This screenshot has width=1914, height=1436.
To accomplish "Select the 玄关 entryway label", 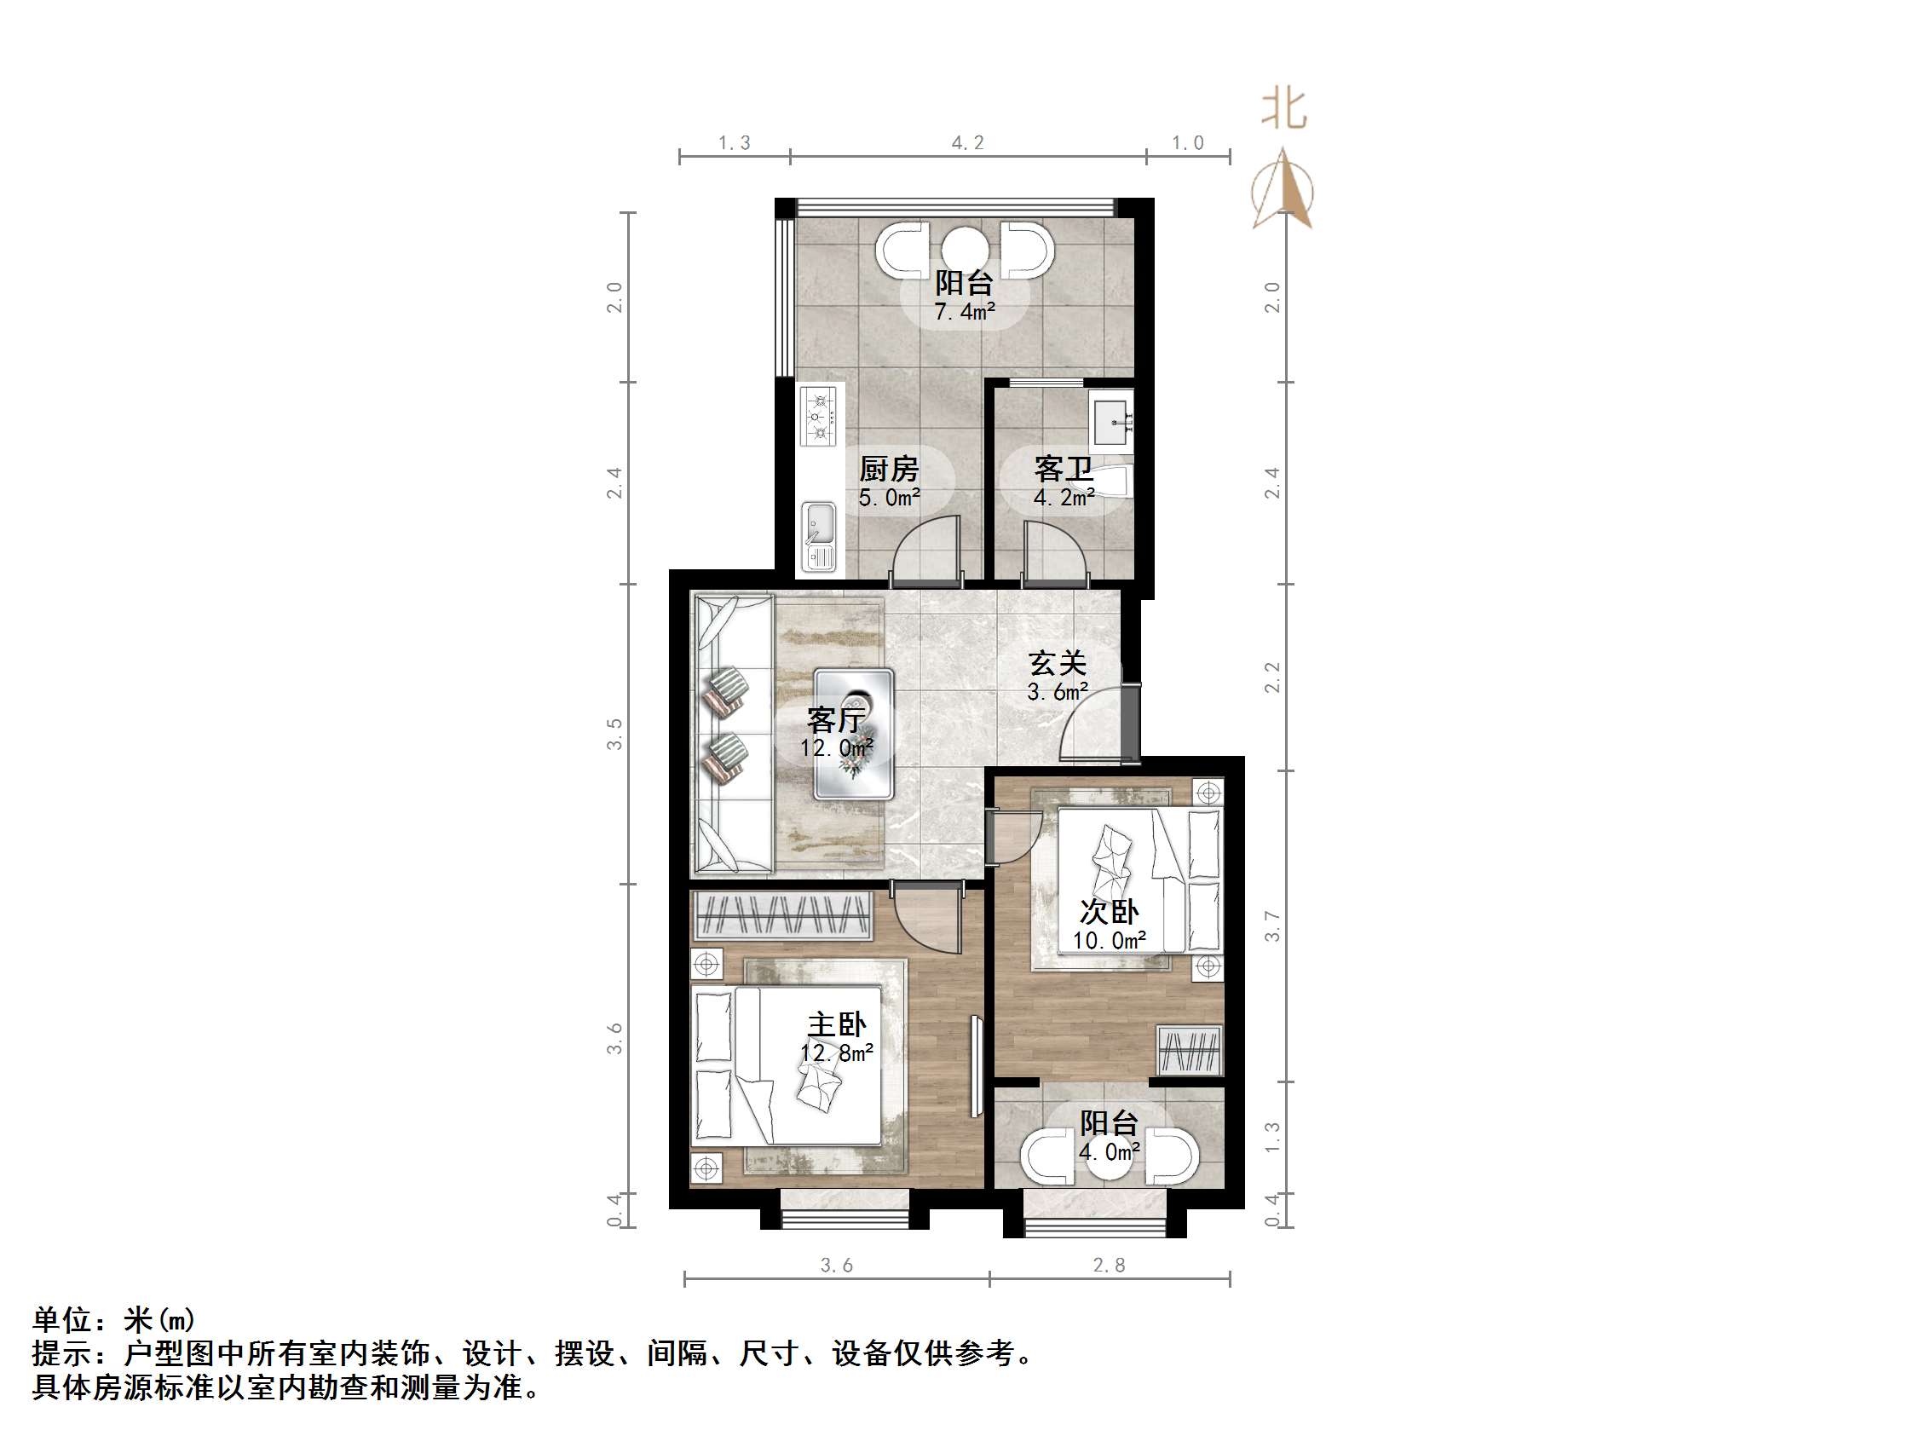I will pos(1057,663).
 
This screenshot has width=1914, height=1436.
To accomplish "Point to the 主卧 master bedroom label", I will pos(836,1025).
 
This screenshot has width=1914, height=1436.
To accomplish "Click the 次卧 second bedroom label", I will pos(1110,912).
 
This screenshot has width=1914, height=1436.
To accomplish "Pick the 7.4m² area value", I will pos(964,312).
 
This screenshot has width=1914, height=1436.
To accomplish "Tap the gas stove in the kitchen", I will pos(818,417).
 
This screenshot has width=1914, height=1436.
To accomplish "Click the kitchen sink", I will pos(819,537).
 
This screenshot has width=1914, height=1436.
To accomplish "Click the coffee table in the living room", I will pos(854,733).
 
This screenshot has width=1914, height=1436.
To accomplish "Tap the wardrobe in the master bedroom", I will pos(782,915).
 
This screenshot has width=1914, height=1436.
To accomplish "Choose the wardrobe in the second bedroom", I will pos(1190,1051).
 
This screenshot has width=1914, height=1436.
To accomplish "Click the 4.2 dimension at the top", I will pos(967,143).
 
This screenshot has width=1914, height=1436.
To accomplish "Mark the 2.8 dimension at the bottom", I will pos(1109,1266).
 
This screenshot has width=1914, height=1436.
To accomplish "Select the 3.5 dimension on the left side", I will pos(614,734).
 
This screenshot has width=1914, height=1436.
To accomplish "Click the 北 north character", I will pos(1283,111).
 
